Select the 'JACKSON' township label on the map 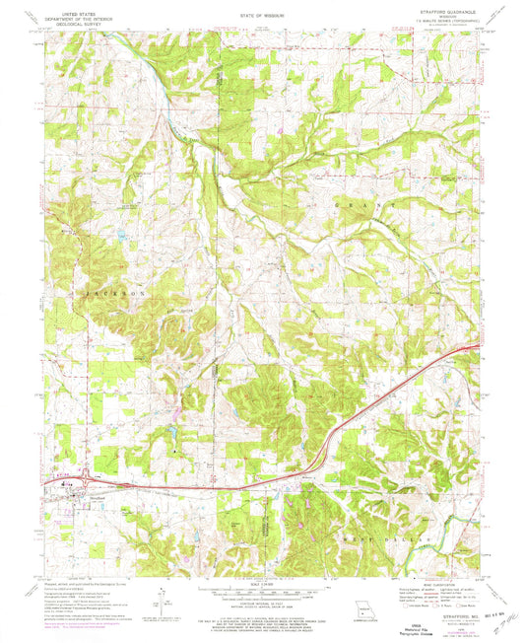point(97,294)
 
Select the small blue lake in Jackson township point(119,238)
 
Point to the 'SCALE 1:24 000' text point(262,582)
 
